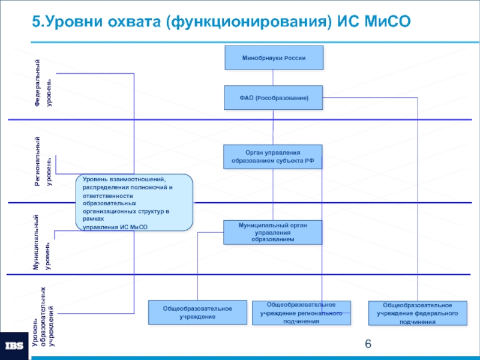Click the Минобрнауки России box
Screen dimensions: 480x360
pyautogui.click(x=274, y=58)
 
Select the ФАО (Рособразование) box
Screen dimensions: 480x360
pyautogui.click(x=274, y=98)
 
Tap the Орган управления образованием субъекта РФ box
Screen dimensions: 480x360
pyautogui.click(x=273, y=157)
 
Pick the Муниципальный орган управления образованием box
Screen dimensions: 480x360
pyautogui.click(x=273, y=232)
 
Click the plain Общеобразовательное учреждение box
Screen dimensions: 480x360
pyautogui.click(x=198, y=312)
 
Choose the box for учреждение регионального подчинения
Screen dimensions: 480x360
pyautogui.click(x=301, y=313)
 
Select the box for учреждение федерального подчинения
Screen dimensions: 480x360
pyautogui.click(x=418, y=313)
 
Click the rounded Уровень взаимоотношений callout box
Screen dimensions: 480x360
pyautogui.click(x=134, y=202)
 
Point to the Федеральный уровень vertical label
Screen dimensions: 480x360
pyautogui.click(x=43, y=83)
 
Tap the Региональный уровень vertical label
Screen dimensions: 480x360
pyautogui.click(x=43, y=161)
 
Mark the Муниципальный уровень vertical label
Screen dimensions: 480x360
pyautogui.click(x=42, y=242)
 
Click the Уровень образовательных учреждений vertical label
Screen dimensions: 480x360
pyautogui.click(x=43, y=317)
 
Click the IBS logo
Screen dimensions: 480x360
pyautogui.click(x=14, y=346)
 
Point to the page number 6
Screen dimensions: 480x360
pyautogui.click(x=368, y=344)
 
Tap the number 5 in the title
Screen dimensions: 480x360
pyautogui.click(x=36, y=22)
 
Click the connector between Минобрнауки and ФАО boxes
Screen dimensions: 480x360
pyautogui.click(x=273, y=78)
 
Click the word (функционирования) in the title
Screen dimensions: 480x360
pyautogui.click(x=248, y=22)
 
